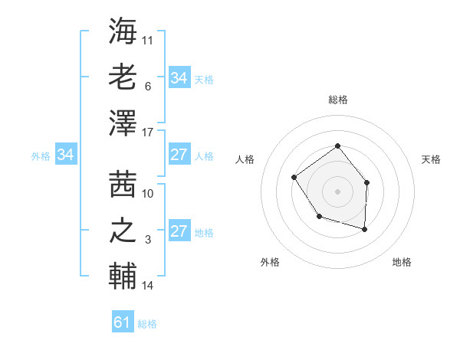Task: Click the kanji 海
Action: click(123, 31)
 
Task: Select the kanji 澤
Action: click(123, 123)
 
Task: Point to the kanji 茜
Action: click(123, 184)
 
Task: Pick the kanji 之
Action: click(123, 230)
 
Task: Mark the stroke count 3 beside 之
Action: click(148, 240)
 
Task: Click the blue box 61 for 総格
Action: click(123, 322)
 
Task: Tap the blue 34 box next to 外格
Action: click(65, 155)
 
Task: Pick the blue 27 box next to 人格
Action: click(179, 155)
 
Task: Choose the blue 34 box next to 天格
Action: click(179, 78)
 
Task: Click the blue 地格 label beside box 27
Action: click(205, 233)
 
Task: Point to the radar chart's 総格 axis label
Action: click(337, 100)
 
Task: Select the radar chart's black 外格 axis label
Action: click(270, 262)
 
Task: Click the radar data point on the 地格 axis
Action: click(364, 229)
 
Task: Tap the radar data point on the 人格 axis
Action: click(294, 178)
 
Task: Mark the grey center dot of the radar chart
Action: click(337, 191)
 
